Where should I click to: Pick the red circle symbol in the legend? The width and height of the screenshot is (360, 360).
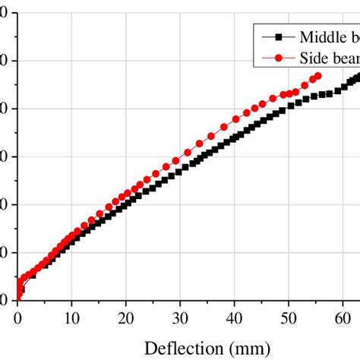(x=278, y=57)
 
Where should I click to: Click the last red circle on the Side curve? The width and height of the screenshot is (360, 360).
(x=317, y=76)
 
